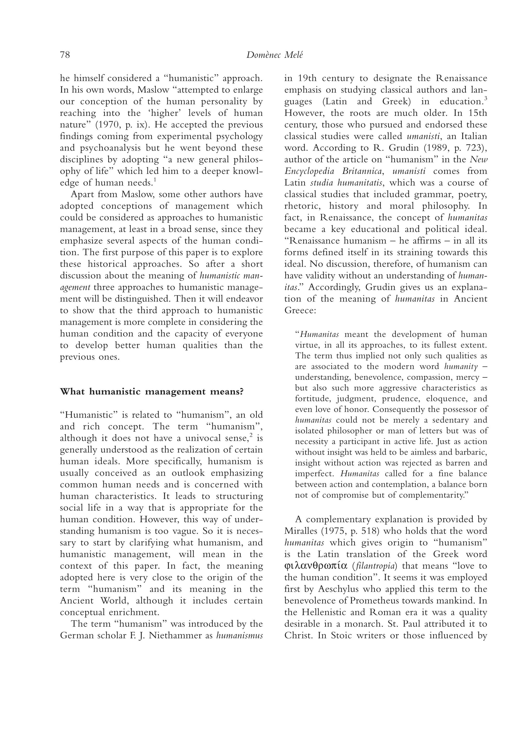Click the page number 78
pos(65,55)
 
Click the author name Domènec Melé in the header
pos(274,55)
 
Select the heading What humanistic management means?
pos(152,391)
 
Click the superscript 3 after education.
pos(486,99)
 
